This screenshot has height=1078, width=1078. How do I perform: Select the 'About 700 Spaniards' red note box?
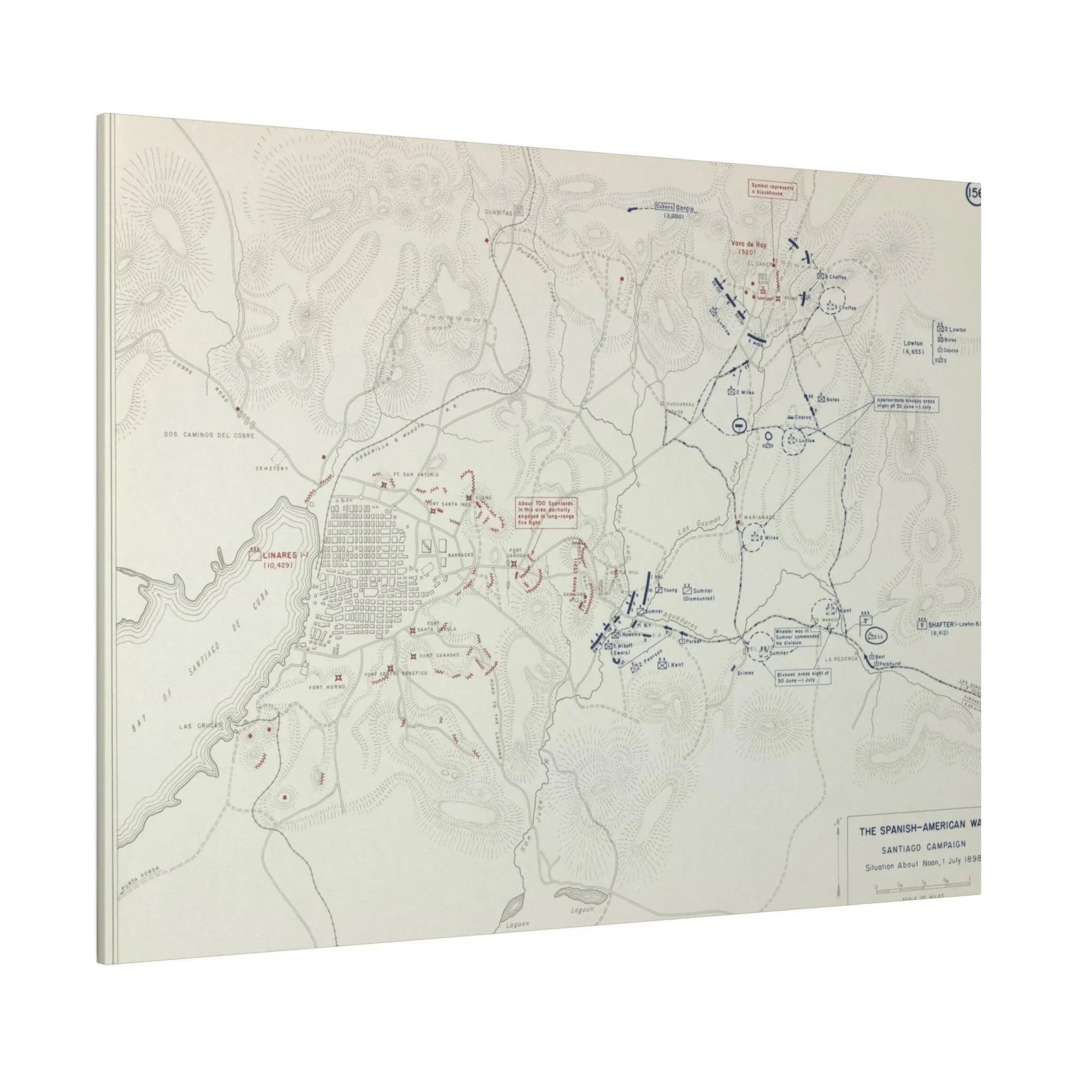coord(547,512)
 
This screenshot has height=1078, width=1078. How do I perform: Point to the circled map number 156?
coord(974,194)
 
